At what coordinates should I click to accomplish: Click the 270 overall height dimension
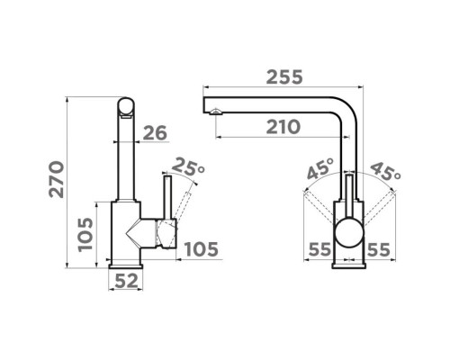[57, 179]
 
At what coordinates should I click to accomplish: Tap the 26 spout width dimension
[155, 133]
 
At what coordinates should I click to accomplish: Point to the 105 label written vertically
[85, 235]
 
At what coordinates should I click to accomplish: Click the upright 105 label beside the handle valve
[202, 249]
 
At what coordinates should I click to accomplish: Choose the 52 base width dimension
[127, 281]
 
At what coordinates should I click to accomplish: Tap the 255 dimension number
[284, 77]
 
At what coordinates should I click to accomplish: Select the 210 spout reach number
[283, 127]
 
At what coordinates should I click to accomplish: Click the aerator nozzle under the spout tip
[216, 112]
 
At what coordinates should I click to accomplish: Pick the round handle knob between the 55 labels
[349, 233]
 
